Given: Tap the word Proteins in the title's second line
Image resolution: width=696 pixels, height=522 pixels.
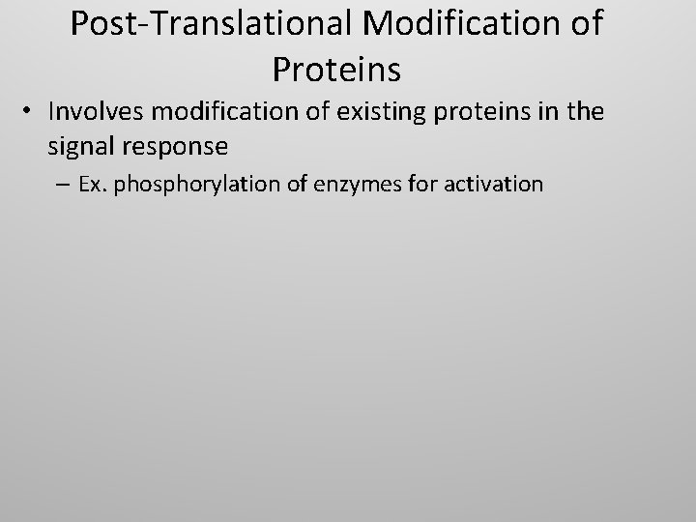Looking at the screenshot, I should pyautogui.click(x=336, y=70).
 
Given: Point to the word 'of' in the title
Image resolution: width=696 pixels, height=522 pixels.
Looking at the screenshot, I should pyautogui.click(x=583, y=25).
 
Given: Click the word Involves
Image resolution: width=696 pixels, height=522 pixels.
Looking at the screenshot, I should pyautogui.click(x=92, y=113).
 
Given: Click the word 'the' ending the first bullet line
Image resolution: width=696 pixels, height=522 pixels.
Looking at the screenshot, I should pyautogui.click(x=585, y=113).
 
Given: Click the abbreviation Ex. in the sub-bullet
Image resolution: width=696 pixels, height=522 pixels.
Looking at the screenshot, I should pyautogui.click(x=92, y=183).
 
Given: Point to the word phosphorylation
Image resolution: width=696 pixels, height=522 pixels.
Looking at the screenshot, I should pyautogui.click(x=191, y=183).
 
